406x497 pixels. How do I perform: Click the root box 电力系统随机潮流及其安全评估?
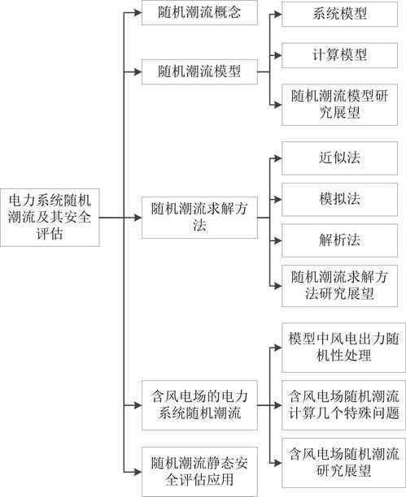click(50, 218)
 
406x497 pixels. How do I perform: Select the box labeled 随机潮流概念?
click(199, 13)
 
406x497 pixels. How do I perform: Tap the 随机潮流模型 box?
click(199, 71)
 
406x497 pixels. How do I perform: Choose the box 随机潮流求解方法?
click(199, 218)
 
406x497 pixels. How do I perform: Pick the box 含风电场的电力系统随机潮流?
click(199, 405)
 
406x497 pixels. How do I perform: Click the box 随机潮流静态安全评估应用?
click(199, 472)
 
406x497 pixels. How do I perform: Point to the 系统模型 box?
click(339, 14)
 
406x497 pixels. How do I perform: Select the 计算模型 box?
click(339, 55)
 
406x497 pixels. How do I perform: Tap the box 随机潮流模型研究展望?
click(339, 105)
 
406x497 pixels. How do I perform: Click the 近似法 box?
click(339, 158)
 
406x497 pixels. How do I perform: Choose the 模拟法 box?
click(339, 200)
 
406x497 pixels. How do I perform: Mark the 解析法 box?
click(339, 240)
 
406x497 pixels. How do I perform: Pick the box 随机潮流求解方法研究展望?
click(339, 286)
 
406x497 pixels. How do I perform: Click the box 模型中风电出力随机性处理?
click(343, 348)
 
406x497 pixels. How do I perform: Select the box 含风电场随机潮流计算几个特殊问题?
click(343, 405)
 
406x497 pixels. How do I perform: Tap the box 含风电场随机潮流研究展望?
click(343, 463)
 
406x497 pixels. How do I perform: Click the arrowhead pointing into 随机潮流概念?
click(138, 13)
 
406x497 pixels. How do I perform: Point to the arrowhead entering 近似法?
click(278, 158)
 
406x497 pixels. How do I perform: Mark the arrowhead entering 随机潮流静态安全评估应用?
click(138, 472)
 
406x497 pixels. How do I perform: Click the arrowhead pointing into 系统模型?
click(278, 14)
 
